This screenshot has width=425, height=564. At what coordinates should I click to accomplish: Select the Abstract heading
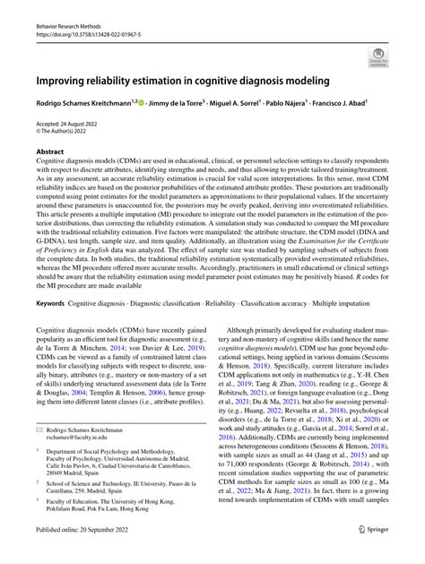[x=49, y=152]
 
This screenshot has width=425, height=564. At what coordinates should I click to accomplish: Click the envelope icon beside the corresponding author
[x=39, y=430]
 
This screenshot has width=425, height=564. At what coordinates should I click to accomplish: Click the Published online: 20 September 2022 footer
[x=82, y=555]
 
